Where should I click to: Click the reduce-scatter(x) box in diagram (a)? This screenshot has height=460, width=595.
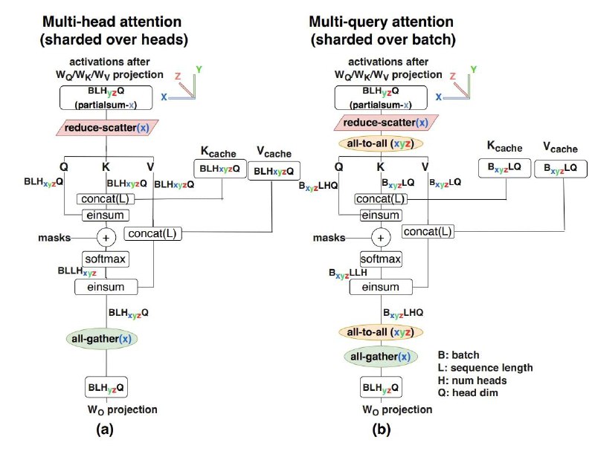107,128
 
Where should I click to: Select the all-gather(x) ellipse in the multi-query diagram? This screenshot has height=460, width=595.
381,357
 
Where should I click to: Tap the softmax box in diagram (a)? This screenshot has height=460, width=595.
106,259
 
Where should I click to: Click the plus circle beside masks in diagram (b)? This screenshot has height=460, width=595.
381,238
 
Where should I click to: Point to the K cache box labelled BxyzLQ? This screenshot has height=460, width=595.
504,168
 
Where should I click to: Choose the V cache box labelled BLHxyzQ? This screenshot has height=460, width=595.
274,171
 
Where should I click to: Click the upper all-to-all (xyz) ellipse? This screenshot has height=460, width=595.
380,143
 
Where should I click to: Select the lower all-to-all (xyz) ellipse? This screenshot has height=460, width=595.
380,332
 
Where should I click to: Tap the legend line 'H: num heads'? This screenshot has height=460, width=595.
472,380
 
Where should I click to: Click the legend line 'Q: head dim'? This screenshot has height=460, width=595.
468,393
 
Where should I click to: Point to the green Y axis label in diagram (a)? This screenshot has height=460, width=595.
199,69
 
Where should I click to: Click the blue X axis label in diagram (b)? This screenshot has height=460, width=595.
439,97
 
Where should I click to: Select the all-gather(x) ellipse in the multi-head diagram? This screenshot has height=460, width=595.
102,339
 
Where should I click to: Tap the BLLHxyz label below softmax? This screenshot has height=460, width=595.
77,271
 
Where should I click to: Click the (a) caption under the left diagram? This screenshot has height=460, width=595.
105,430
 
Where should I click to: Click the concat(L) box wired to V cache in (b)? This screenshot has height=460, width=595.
428,231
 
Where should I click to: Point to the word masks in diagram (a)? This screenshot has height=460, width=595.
54,238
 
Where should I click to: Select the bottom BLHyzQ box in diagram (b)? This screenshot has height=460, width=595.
381,387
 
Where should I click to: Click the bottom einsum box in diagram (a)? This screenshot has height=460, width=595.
106,287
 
